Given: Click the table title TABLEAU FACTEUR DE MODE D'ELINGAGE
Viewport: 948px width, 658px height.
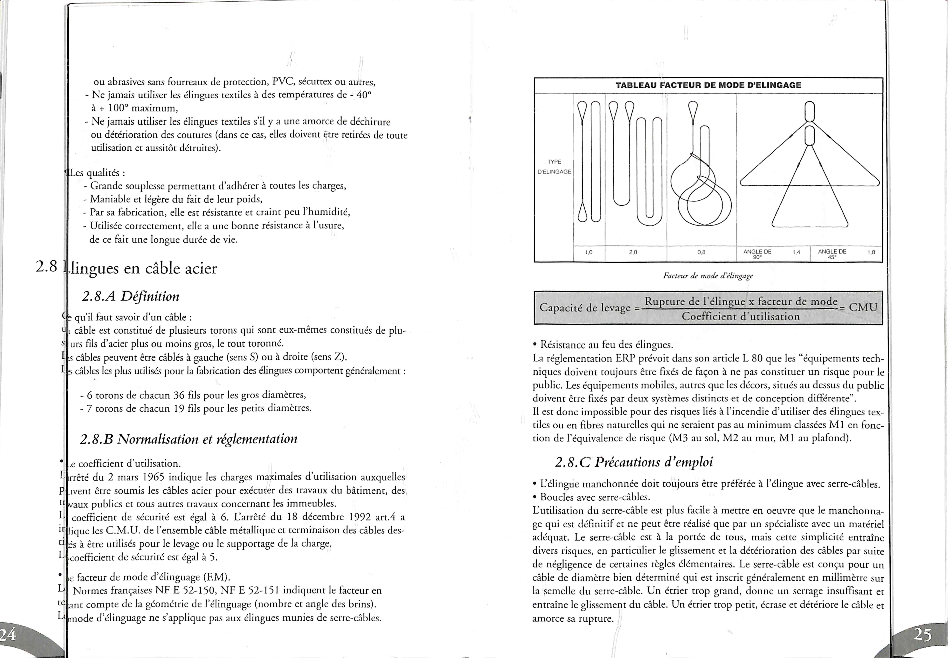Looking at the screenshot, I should click(x=708, y=85).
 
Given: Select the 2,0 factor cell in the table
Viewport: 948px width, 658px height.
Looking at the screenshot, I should click(x=633, y=252).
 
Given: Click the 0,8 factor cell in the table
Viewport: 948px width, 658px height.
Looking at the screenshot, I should click(x=701, y=252).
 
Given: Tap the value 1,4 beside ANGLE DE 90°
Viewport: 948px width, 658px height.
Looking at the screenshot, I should click(x=796, y=252).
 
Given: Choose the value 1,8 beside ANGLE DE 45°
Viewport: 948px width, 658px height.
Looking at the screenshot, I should click(x=871, y=252).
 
